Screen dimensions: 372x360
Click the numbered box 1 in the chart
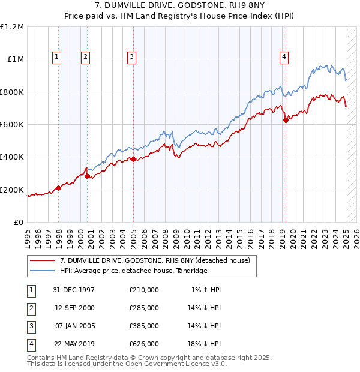pos(56,57)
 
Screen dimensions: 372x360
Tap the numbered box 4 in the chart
pos(283,57)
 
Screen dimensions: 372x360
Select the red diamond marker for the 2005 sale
pos(133,160)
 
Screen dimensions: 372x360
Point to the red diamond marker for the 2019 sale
pos(286,120)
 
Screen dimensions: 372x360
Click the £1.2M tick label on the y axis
pos(12,27)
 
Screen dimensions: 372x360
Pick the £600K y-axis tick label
pos(12,125)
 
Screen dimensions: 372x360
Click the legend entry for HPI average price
pos(133,271)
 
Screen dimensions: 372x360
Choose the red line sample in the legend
pos(42,260)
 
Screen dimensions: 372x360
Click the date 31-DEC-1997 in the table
pos(74,290)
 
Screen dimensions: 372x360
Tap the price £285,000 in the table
pos(143,308)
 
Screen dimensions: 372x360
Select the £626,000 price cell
pos(143,344)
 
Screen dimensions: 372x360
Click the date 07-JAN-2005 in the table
pos(74,326)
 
